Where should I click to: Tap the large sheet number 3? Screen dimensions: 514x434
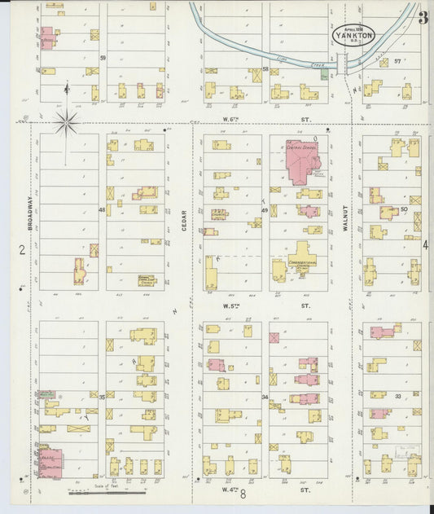423,18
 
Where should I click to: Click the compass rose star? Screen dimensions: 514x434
67,123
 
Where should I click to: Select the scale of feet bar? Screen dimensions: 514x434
106,492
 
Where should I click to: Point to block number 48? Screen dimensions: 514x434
103,210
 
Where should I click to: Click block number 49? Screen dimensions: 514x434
265,210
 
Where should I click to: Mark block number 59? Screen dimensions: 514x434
103,59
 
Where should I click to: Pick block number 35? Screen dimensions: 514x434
103,396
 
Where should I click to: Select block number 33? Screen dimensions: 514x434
398,396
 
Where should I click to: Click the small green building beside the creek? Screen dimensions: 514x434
325,75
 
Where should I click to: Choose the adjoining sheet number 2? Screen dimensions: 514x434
11,249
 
